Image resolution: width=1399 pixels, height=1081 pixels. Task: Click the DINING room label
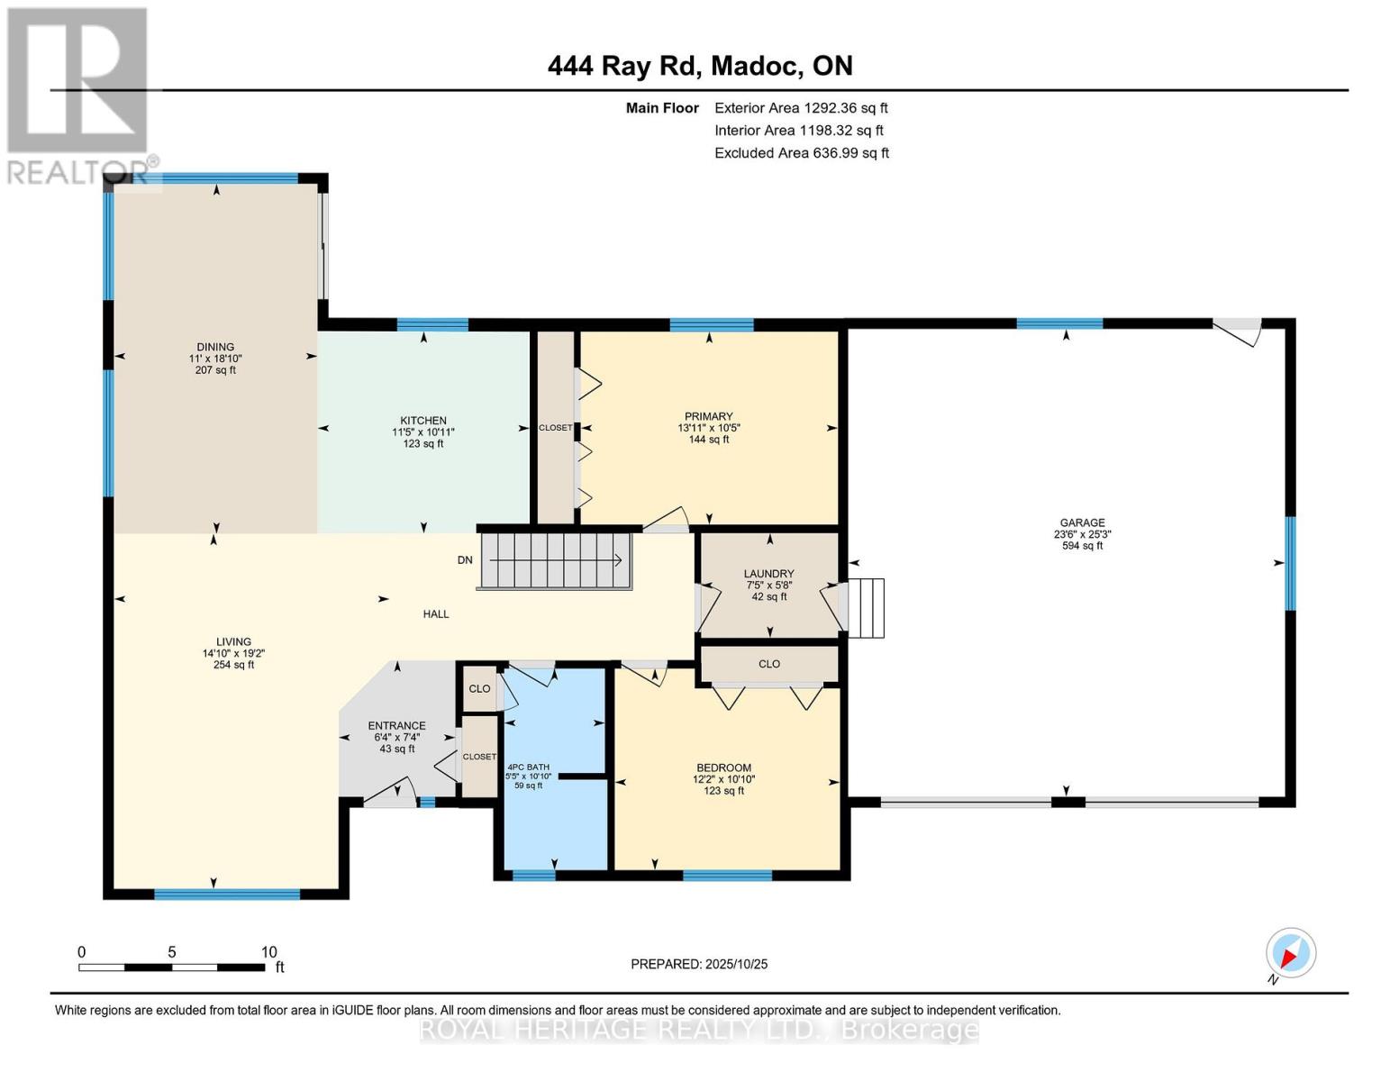coord(215,347)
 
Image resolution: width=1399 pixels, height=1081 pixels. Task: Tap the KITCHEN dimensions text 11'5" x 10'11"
coord(423,432)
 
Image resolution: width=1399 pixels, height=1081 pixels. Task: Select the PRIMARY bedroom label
coord(708,416)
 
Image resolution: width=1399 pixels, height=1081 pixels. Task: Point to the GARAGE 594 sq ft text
coord(1082,545)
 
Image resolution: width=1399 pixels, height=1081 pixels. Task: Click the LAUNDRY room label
coord(768,573)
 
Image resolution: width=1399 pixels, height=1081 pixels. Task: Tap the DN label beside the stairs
coord(465,559)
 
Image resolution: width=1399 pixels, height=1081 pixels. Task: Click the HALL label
coord(436,613)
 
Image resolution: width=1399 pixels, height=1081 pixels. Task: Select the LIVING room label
coord(233,641)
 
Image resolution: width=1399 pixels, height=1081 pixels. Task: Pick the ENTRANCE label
coord(396,725)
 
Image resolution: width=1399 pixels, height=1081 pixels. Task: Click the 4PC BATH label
coord(528,767)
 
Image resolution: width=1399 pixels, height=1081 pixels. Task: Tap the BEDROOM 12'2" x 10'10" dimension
coord(723,779)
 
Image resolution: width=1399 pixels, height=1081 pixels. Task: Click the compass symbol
coord(1290,954)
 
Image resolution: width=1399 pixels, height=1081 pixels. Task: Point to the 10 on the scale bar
coord(269,951)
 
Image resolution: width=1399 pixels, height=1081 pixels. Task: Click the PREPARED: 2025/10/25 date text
coord(699,964)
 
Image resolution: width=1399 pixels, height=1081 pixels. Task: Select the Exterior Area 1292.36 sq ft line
coord(801,108)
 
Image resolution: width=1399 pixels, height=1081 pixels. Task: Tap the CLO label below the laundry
coord(768,663)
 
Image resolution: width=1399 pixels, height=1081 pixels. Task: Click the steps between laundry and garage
coord(866,608)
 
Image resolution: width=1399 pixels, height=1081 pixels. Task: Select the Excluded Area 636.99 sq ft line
coord(802,153)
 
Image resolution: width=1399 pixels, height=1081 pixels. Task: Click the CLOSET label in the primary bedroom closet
coord(555,428)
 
